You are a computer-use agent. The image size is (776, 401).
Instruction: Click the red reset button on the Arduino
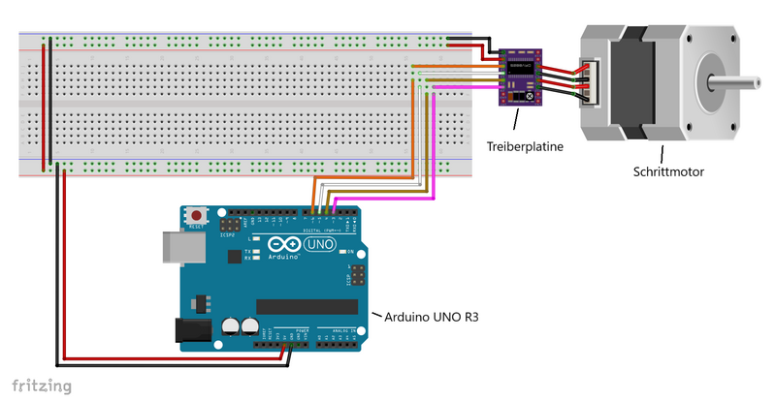pyautogui.click(x=197, y=214)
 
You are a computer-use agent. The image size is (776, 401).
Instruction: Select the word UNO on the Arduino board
pyautogui.click(x=319, y=246)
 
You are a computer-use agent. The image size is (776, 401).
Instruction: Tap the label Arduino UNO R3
pyautogui.click(x=432, y=317)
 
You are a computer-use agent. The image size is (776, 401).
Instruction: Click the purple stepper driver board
pyautogui.click(x=523, y=77)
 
